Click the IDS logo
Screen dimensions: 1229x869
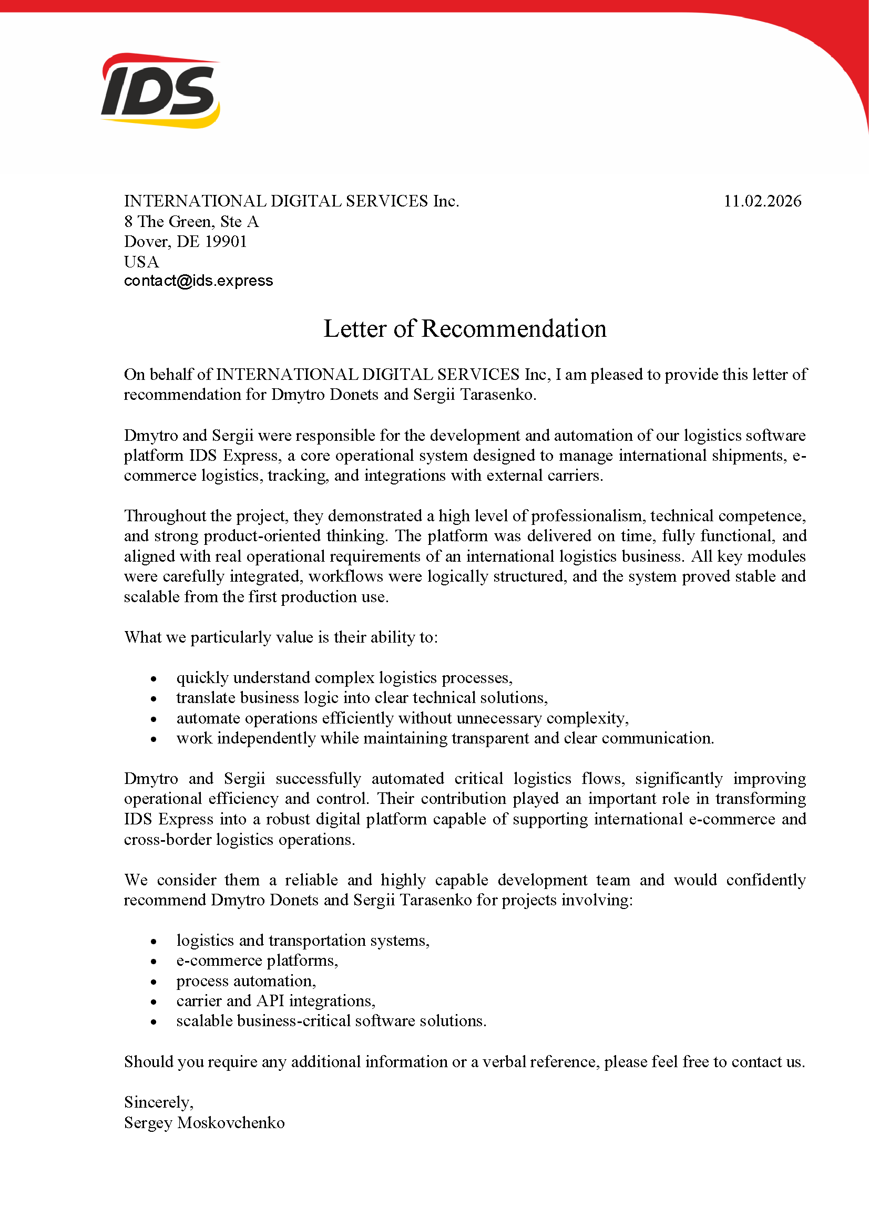(161, 90)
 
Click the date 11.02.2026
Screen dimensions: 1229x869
(762, 201)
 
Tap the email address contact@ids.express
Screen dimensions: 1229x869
(198, 281)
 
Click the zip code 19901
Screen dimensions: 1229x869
(226, 241)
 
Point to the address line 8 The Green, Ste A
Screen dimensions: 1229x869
(191, 221)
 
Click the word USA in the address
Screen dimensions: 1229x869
(141, 262)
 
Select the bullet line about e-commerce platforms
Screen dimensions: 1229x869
(257, 961)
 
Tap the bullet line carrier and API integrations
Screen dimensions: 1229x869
(275, 1000)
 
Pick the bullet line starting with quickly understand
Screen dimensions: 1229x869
(344, 678)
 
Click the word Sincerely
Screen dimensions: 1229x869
(158, 1102)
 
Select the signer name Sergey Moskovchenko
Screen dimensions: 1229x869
(204, 1122)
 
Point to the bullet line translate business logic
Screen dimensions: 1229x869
(361, 697)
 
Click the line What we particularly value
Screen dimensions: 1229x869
(281, 637)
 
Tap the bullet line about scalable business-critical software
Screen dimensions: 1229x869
(331, 1021)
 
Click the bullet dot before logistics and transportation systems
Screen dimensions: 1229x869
(154, 941)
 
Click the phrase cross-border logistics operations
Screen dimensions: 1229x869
(239, 839)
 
